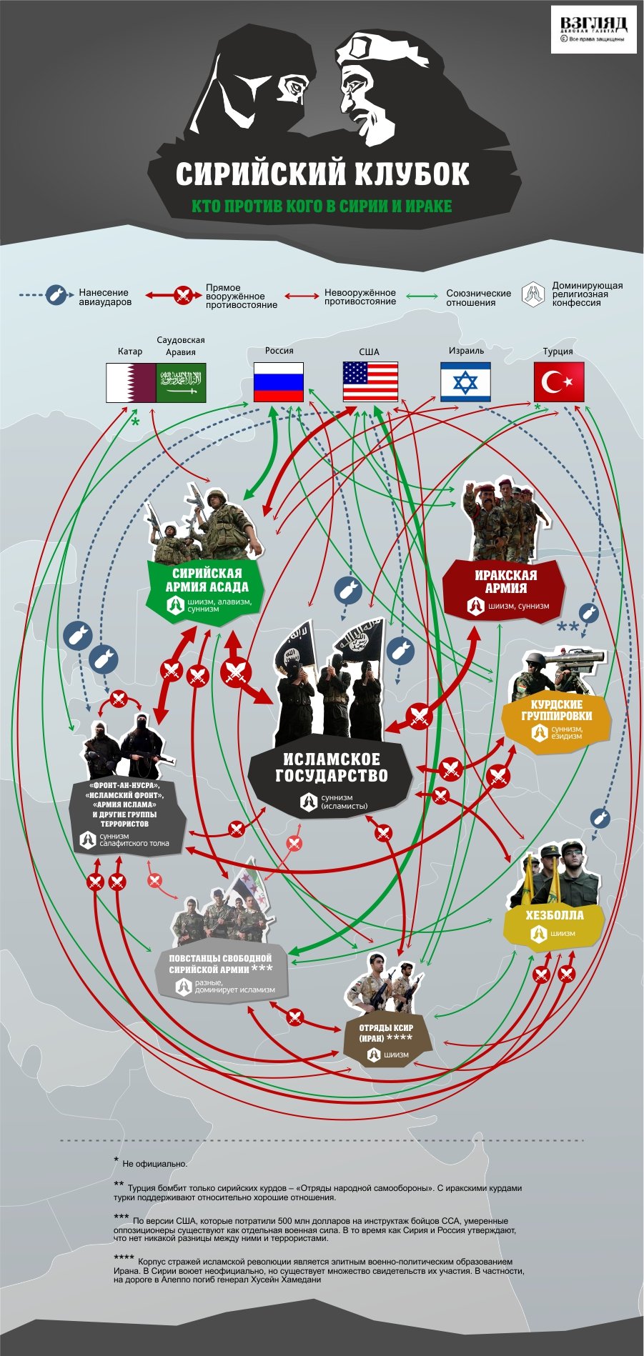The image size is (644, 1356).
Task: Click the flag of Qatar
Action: pyautogui.click(x=131, y=382)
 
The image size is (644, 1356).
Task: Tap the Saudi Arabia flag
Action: pyautogui.click(x=181, y=382)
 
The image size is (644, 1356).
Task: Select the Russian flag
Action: pyautogui.click(x=279, y=382)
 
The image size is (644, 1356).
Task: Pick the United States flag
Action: pyautogui.click(x=370, y=382)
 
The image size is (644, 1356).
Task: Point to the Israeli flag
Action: pyautogui.click(x=465, y=382)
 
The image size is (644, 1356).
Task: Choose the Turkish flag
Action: pyautogui.click(x=559, y=382)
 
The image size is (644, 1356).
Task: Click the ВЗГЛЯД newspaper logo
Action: pyautogui.click(x=593, y=29)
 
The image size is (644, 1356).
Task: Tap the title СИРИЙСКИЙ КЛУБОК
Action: pyautogui.click(x=322, y=174)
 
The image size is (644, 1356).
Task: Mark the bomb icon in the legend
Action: pyautogui.click(x=56, y=295)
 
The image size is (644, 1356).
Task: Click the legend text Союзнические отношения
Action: pyautogui.click(x=478, y=298)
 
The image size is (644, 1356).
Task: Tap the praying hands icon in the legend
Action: pyautogui.click(x=532, y=294)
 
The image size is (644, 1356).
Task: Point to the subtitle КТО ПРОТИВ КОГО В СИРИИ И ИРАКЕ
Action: pyautogui.click(x=322, y=206)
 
